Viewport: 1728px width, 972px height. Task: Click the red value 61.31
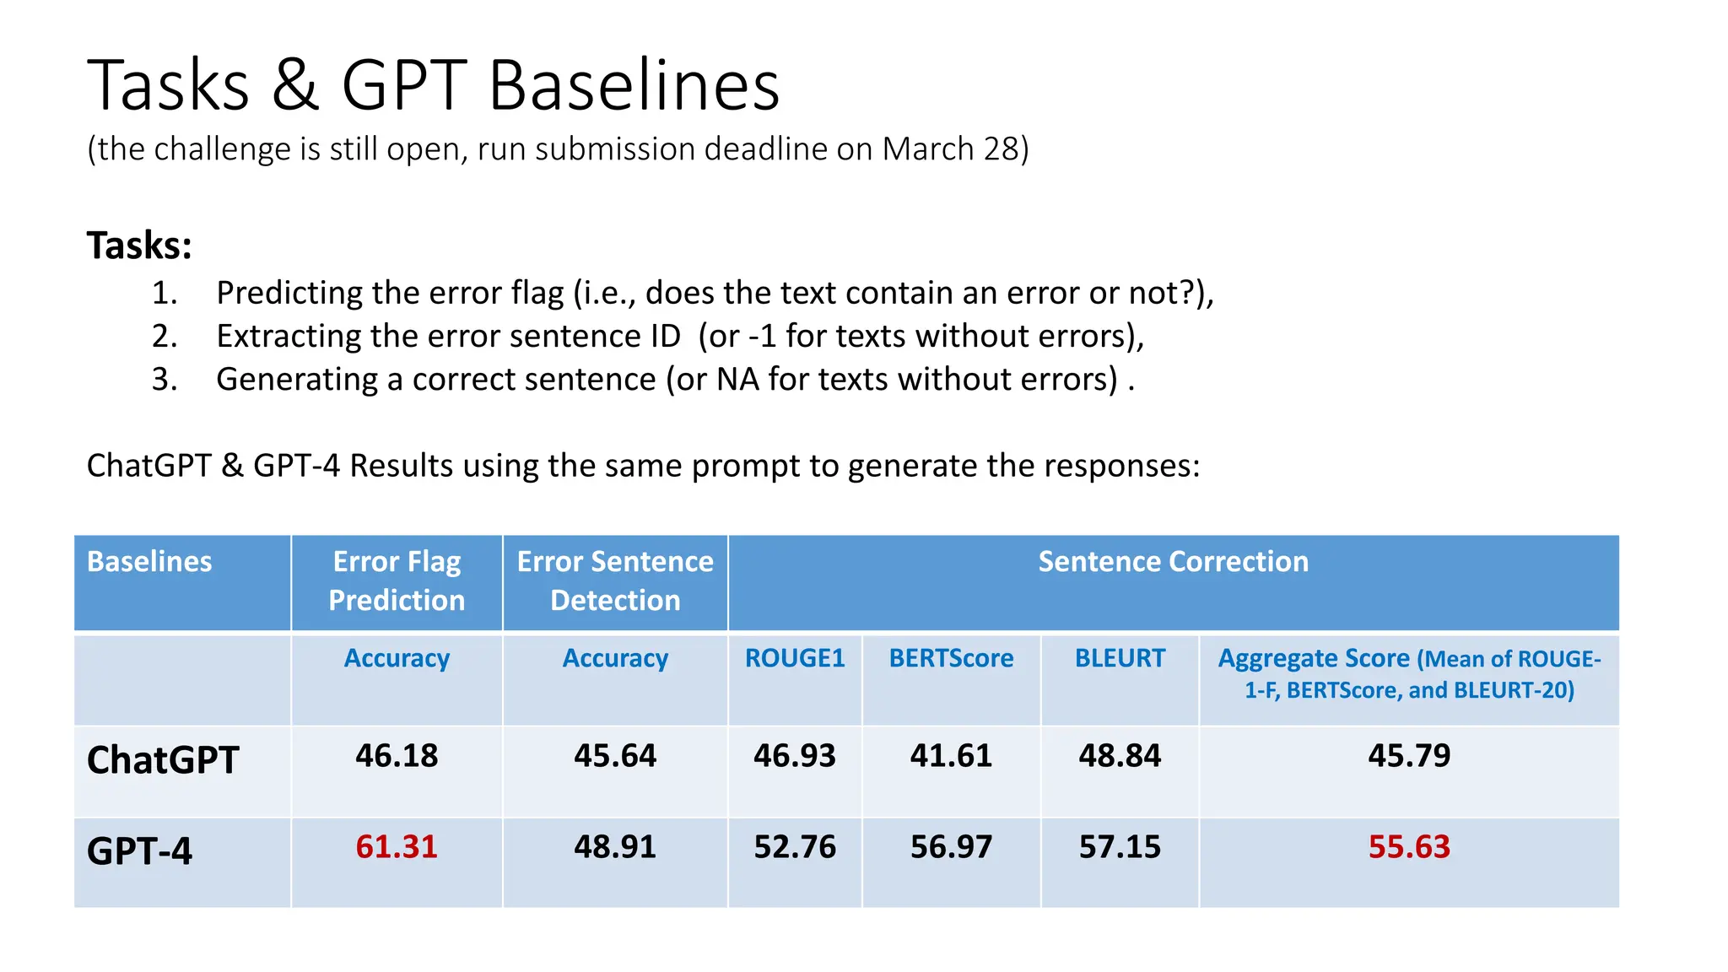pyautogui.click(x=397, y=846)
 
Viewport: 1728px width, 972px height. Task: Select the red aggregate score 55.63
pyautogui.click(x=1409, y=846)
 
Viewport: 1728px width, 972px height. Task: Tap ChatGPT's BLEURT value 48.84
pyautogui.click(x=1120, y=755)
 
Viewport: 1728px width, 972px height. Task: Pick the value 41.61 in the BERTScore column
pyautogui.click(x=951, y=755)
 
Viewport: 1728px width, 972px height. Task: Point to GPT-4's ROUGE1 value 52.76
pyautogui.click(x=795, y=846)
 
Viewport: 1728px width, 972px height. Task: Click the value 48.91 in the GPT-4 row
pyautogui.click(x=615, y=846)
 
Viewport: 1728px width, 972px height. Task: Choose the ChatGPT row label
pyautogui.click(x=163, y=760)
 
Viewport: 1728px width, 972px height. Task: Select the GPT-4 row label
pyautogui.click(x=139, y=850)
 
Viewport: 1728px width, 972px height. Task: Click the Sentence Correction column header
pyautogui.click(x=1173, y=562)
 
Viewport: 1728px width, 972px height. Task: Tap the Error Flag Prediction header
pyautogui.click(x=397, y=580)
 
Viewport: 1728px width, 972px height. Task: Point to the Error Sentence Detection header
pyautogui.click(x=615, y=580)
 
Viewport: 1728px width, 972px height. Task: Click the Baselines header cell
pyautogui.click(x=149, y=562)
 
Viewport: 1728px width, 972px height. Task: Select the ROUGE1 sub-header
pyautogui.click(x=795, y=658)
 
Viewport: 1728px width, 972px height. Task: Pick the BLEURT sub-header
pyautogui.click(x=1120, y=658)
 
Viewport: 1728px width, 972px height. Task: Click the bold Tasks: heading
pyautogui.click(x=139, y=246)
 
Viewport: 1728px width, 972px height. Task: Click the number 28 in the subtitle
pyautogui.click(x=1002, y=149)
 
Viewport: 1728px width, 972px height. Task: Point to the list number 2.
pyautogui.click(x=164, y=336)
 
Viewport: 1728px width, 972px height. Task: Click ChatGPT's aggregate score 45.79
pyautogui.click(x=1409, y=755)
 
